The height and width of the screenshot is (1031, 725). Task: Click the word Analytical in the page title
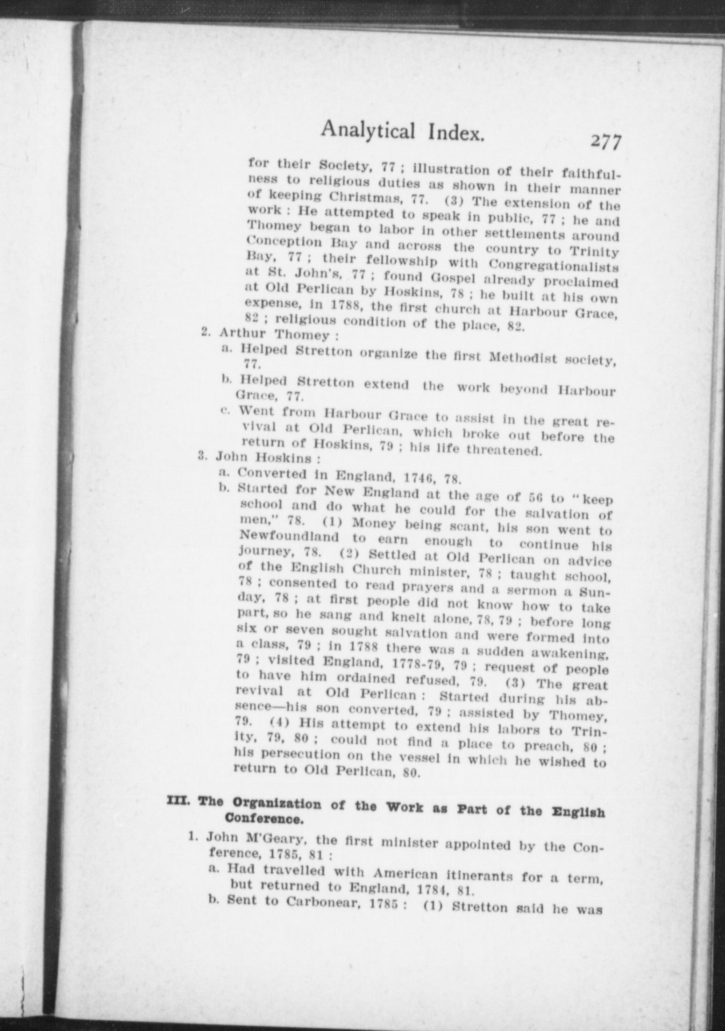click(368, 130)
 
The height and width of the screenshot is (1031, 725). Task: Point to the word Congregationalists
click(554, 267)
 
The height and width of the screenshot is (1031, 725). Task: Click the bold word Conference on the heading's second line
click(262, 818)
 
